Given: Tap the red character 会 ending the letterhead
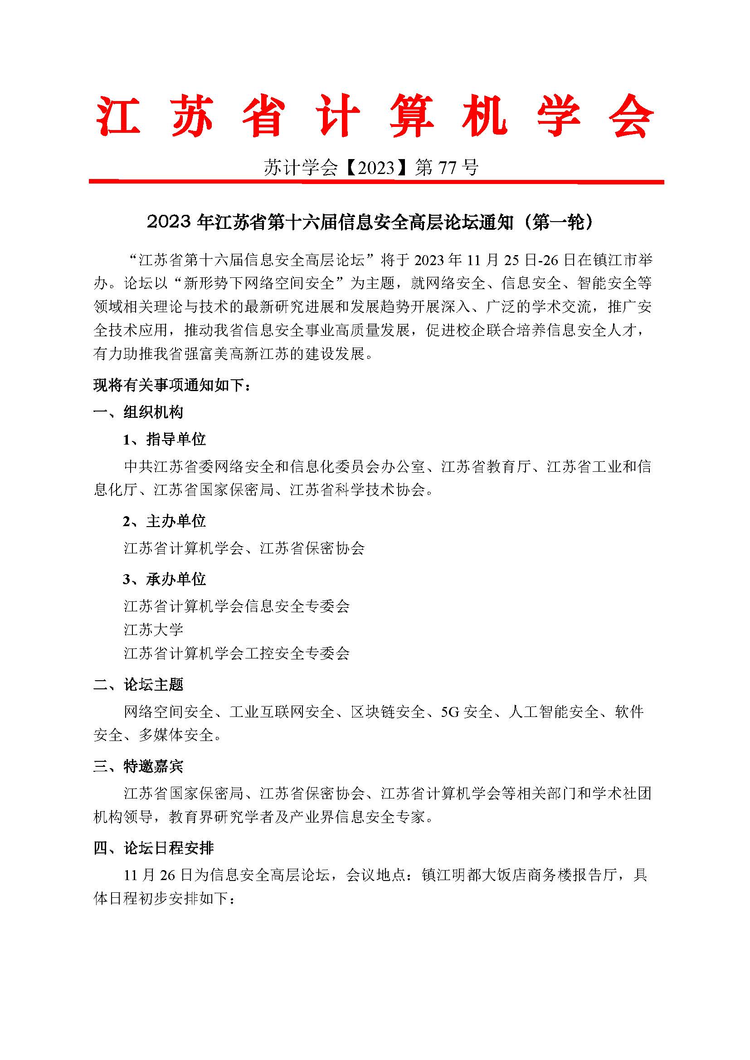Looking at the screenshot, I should click(631, 116).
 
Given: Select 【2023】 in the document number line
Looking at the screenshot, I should click(377, 167).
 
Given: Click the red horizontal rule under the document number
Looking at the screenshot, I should click(376, 182).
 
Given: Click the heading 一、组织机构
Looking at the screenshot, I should click(139, 412).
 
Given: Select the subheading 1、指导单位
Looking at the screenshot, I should click(165, 439).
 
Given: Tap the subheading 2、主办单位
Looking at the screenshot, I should click(165, 521).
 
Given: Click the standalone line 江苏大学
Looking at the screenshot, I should click(154, 629).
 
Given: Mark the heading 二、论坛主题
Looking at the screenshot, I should click(139, 684).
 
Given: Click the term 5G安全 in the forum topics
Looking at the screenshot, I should click(467, 712).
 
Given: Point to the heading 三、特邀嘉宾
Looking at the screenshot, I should click(139, 766).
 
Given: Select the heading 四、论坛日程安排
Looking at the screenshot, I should click(154, 848).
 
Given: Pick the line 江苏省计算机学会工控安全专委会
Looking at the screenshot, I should click(237, 653).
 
